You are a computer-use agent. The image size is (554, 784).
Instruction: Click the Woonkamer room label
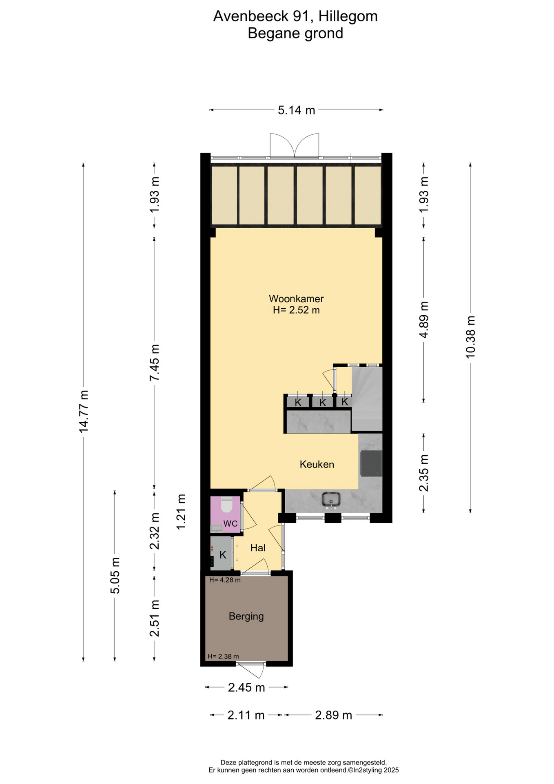pyautogui.click(x=296, y=298)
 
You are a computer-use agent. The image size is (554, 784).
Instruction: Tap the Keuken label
pyautogui.click(x=317, y=464)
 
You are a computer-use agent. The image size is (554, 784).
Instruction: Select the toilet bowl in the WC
pyautogui.click(x=226, y=505)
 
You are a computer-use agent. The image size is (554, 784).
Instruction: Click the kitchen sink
pyautogui.click(x=331, y=500)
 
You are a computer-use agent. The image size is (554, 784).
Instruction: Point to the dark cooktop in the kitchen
pyautogui.click(x=371, y=463)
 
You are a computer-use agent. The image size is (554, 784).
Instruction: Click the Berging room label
pyautogui.click(x=246, y=617)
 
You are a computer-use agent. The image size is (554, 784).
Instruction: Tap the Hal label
pyautogui.click(x=258, y=548)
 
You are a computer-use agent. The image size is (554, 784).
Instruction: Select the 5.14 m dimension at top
pyautogui.click(x=297, y=110)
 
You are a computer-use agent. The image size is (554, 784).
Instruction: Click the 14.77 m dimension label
pyautogui.click(x=84, y=412)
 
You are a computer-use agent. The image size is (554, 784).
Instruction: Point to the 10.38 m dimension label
pyautogui.click(x=470, y=337)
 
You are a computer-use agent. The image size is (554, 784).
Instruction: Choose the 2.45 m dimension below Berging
pyautogui.click(x=246, y=688)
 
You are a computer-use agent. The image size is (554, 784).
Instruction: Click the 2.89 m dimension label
pyautogui.click(x=333, y=715)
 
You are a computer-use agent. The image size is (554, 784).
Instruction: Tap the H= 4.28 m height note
pyautogui.click(x=225, y=580)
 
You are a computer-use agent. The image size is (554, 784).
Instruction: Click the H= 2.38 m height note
pyautogui.click(x=223, y=656)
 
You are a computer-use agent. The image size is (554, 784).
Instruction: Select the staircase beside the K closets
pyautogui.click(x=367, y=399)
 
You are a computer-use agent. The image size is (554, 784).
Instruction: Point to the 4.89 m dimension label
pyautogui.click(x=424, y=320)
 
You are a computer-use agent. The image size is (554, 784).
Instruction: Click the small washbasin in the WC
pyautogui.click(x=217, y=528)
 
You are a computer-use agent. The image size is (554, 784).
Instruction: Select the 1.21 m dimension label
pyautogui.click(x=181, y=512)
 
